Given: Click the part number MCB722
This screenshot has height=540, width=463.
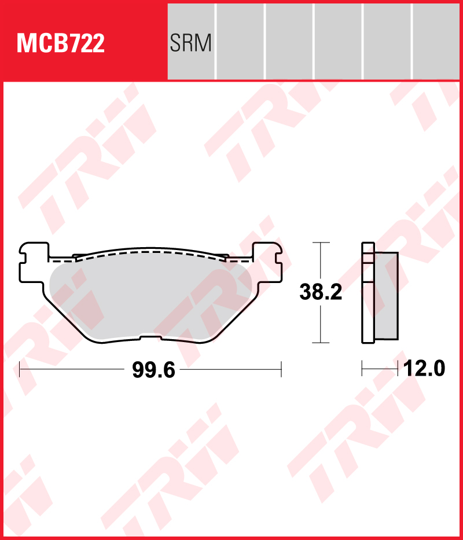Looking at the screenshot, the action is [61, 44].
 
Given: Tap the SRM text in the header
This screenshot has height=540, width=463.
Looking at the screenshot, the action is [190, 43].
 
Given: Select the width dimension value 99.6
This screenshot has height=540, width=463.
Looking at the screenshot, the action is [153, 370].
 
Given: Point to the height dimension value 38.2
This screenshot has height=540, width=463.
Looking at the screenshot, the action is [321, 292].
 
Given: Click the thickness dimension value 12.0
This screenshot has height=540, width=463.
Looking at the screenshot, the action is [424, 369].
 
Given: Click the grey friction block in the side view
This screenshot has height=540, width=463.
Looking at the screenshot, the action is [386, 296].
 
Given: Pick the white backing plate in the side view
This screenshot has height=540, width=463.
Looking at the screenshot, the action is [368, 293].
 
